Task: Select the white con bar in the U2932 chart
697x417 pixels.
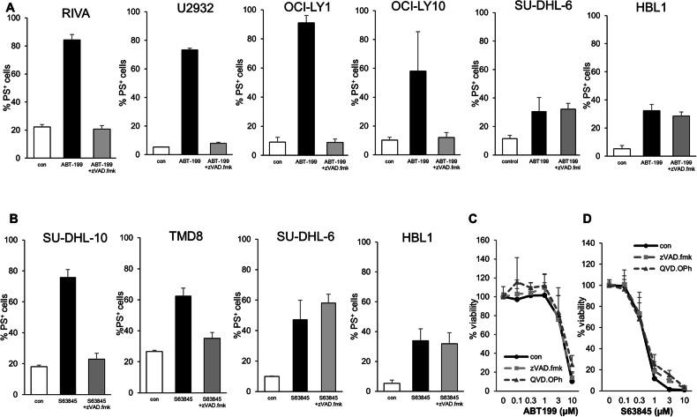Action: click(x=161, y=151)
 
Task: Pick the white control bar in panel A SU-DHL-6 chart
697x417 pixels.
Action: click(x=509, y=146)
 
